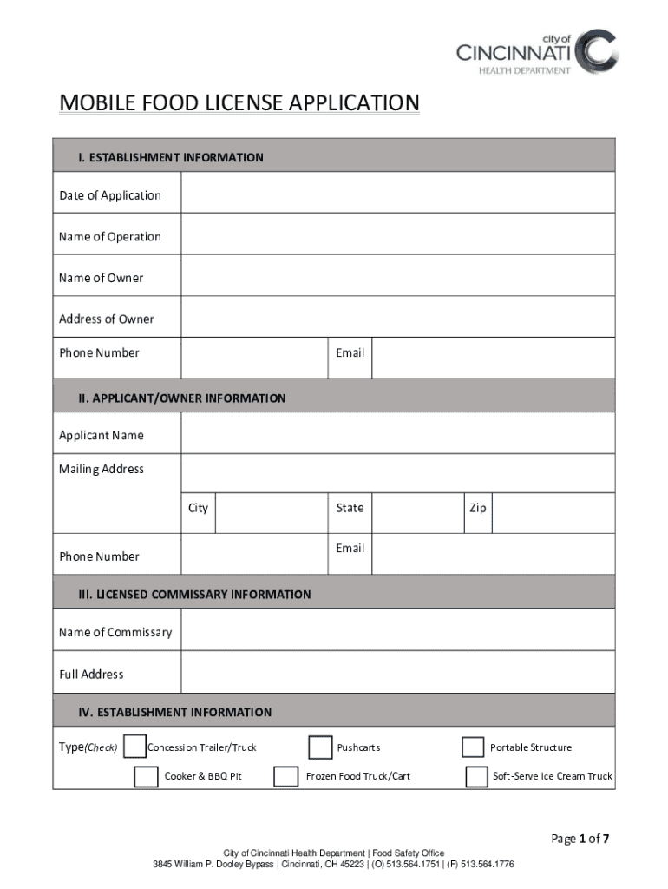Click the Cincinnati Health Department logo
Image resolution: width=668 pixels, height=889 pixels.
[538, 52]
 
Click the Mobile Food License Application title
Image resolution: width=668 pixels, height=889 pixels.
[239, 103]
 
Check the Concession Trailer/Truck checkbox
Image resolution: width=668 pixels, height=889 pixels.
[134, 747]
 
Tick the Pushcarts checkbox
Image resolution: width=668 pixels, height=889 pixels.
[320, 747]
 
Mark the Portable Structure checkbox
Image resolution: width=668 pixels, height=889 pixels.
[473, 747]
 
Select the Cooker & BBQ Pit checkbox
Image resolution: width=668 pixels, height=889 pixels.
[146, 776]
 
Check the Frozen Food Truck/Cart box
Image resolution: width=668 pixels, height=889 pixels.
[285, 776]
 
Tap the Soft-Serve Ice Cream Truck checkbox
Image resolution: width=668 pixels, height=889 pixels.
[476, 776]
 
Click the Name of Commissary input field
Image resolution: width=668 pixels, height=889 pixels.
[397, 630]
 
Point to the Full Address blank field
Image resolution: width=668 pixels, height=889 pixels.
[397, 673]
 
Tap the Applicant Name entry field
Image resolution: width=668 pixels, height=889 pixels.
[397, 433]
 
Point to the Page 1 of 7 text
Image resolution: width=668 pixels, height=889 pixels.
[580, 839]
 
